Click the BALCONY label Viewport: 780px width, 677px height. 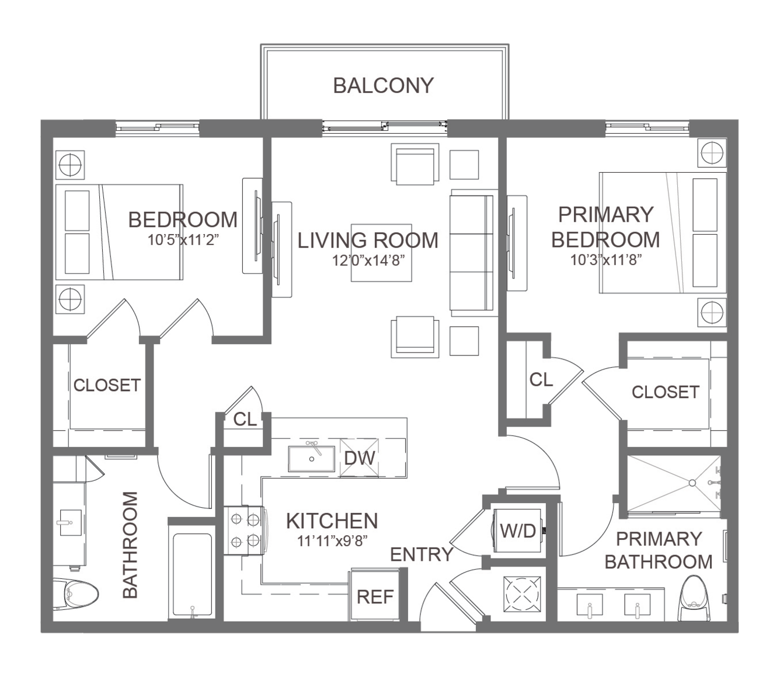[384, 85]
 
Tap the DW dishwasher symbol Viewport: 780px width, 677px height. [359, 458]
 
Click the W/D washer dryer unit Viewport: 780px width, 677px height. [517, 530]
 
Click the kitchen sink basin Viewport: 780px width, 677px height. [311, 459]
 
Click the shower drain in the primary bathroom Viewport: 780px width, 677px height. [692, 483]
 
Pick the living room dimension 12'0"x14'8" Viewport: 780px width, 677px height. [368, 261]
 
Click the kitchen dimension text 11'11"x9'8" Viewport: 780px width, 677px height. [332, 540]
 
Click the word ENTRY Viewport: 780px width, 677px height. [422, 554]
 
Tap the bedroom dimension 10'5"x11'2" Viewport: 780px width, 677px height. [183, 240]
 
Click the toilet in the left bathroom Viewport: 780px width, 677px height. [76, 594]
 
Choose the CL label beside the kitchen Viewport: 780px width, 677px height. [245, 420]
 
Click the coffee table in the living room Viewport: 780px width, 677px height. [381, 253]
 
